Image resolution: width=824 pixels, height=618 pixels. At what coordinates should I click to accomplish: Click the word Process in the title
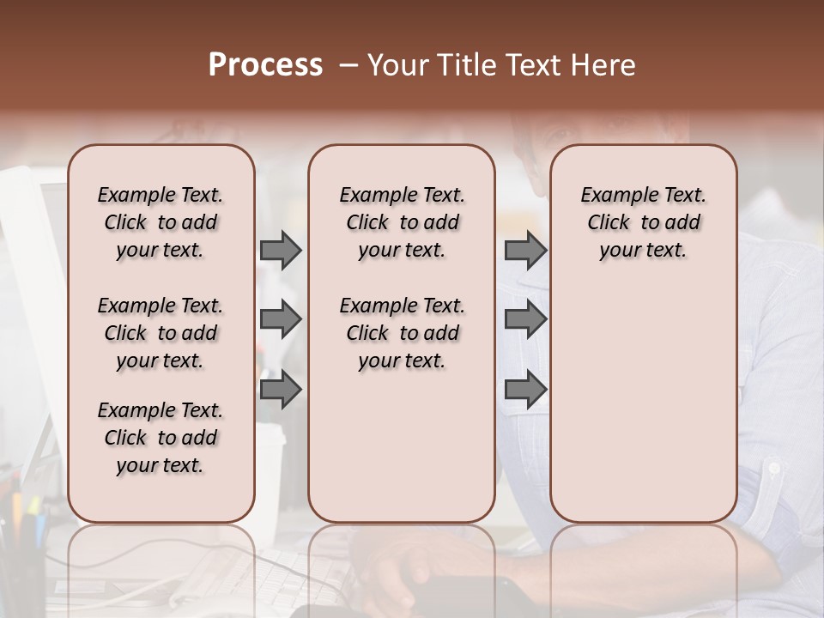[265, 65]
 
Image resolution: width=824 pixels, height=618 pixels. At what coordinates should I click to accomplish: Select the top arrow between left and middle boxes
[281, 250]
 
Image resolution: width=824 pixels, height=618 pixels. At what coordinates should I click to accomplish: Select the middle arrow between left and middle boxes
[281, 319]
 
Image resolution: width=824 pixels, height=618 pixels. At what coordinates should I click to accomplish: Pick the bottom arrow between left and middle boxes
[281, 390]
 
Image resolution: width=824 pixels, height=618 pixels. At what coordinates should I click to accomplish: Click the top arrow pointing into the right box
[525, 250]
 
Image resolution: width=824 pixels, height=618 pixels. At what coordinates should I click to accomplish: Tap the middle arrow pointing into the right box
[525, 319]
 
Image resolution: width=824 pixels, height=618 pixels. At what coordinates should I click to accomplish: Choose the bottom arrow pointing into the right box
[525, 390]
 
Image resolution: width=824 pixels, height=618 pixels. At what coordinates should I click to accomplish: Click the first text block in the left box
[161, 222]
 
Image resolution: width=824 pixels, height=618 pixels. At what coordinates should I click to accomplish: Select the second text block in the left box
[161, 333]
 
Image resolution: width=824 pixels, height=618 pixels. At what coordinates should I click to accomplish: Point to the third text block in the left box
[161, 438]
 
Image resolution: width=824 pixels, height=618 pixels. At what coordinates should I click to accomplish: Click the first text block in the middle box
[402, 222]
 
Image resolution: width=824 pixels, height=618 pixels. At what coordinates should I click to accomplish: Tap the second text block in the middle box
[402, 333]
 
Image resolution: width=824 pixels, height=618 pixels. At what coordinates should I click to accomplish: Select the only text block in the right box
[643, 222]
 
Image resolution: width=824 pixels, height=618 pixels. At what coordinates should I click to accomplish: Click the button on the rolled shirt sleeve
[774, 469]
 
